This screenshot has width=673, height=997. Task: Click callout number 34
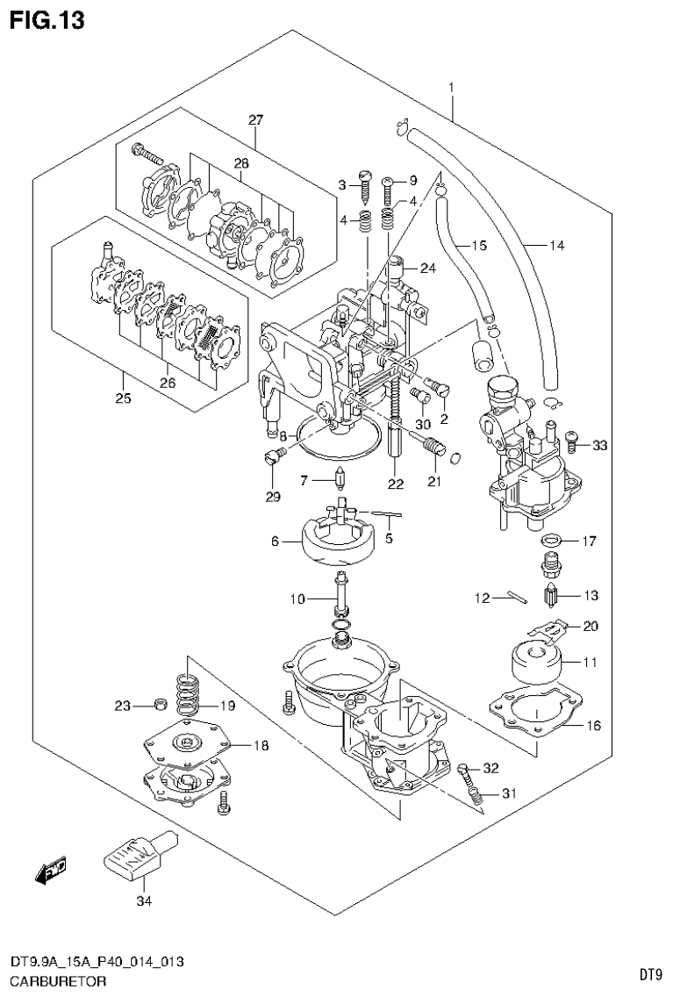click(143, 900)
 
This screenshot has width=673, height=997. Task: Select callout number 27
click(255, 120)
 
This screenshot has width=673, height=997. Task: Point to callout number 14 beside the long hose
click(556, 246)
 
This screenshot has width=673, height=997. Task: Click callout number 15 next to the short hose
click(477, 246)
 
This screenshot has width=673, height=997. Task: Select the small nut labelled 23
click(159, 704)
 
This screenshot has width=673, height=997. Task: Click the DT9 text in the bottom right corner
click(649, 974)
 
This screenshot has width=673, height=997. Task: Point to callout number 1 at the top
click(451, 87)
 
